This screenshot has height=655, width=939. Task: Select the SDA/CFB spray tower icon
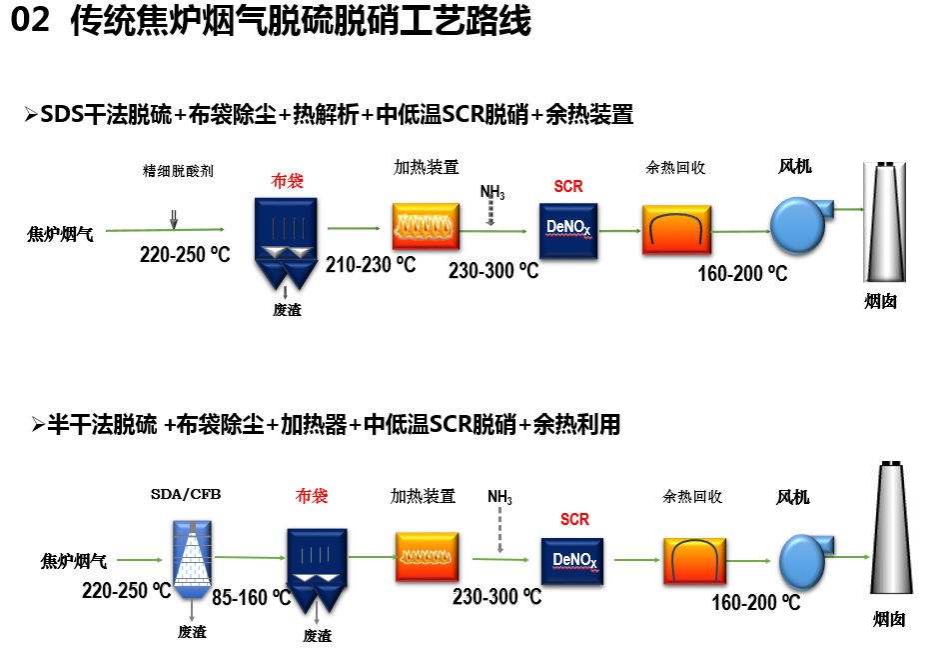[189, 554]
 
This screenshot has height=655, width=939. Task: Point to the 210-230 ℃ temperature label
[371, 265]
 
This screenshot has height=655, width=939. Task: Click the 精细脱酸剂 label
[178, 171]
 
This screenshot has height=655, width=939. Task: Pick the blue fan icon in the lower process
[805, 559]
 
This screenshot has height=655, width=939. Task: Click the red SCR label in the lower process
[574, 519]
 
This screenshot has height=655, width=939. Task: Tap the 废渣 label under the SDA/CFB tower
[192, 632]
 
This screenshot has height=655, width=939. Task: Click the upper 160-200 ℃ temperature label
[742, 273]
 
